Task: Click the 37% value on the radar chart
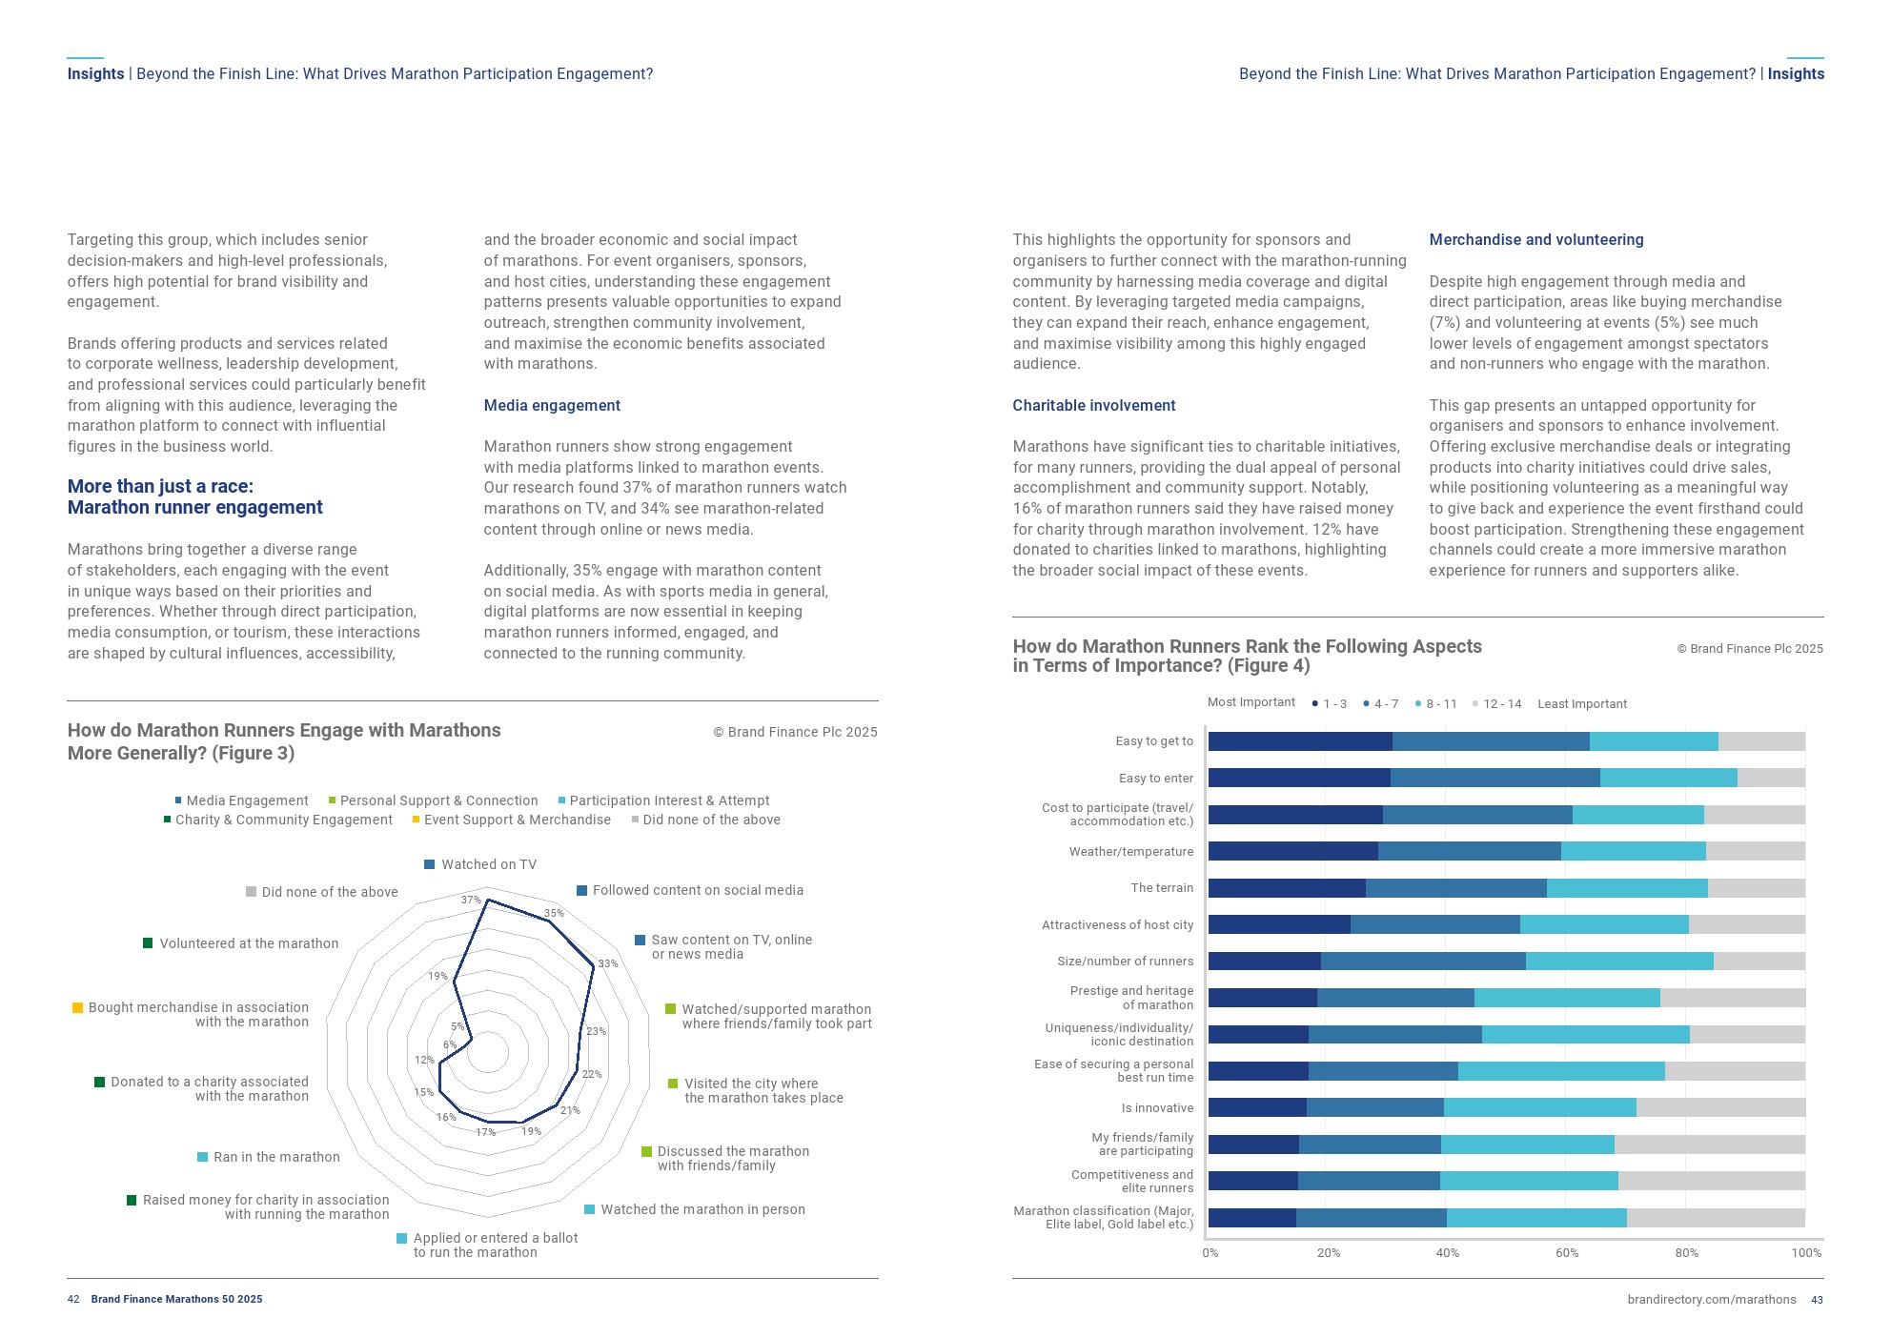click(x=471, y=900)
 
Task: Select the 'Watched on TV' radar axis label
click(x=488, y=864)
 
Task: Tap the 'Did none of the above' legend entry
click(x=711, y=820)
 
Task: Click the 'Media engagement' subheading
click(x=552, y=405)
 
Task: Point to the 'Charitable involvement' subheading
click(x=1093, y=405)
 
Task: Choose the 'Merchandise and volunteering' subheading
click(x=1535, y=239)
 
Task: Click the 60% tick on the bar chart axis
click(x=1567, y=1252)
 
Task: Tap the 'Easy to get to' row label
click(x=1153, y=741)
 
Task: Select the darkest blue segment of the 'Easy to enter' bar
click(x=1298, y=778)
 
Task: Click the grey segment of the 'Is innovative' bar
click(x=1719, y=1107)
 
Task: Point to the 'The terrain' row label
click(x=1161, y=888)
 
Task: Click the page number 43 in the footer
click(x=1817, y=1300)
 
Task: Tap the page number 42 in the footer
click(x=73, y=1299)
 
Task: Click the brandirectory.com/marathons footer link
click(x=1711, y=1300)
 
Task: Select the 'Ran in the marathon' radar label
click(x=275, y=1157)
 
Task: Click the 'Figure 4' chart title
click(x=1247, y=656)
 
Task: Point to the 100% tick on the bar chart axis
click(x=1806, y=1252)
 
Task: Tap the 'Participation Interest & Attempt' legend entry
click(x=668, y=800)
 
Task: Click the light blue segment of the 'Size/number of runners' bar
click(x=1618, y=961)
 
